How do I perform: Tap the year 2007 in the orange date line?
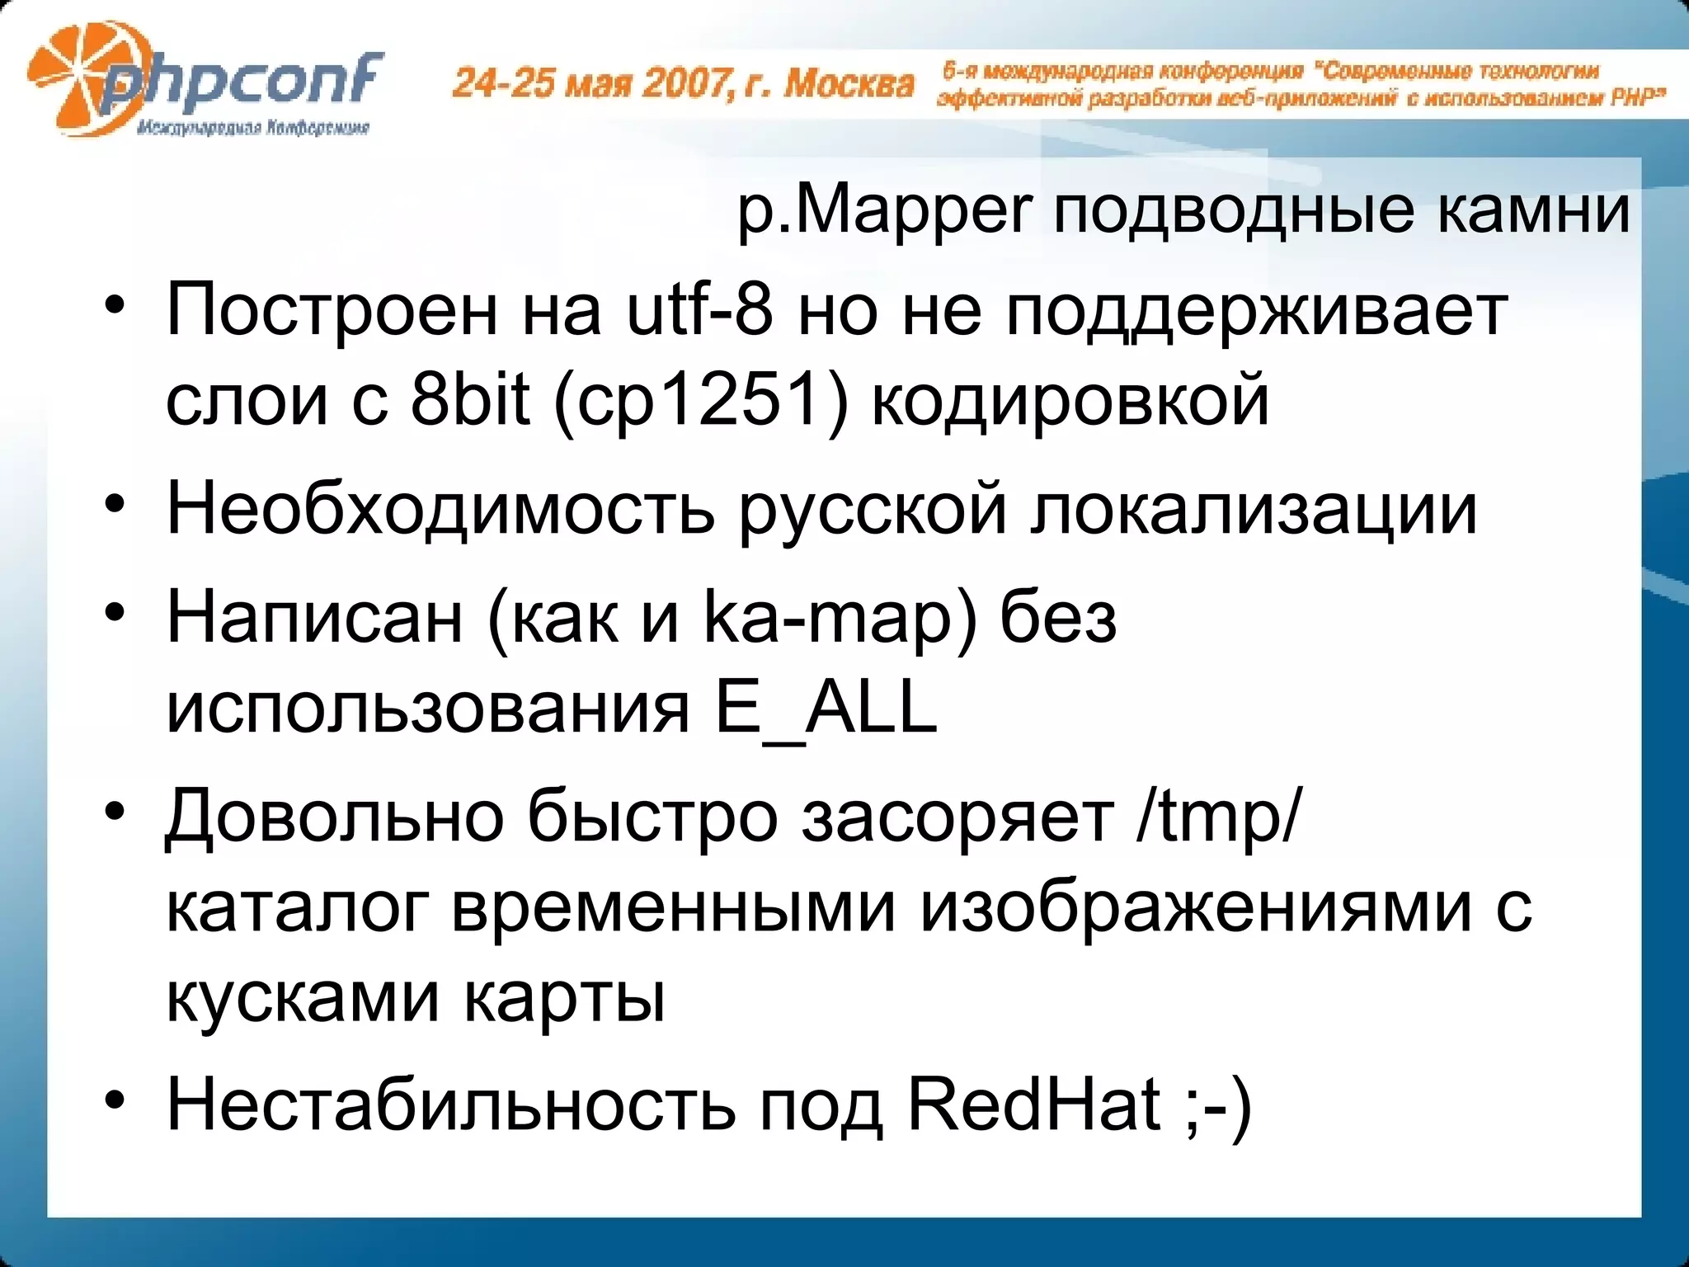[684, 83]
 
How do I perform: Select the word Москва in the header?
[849, 83]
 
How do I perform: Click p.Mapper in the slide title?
[883, 210]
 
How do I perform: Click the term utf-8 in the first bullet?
[700, 311]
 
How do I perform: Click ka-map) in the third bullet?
[840, 618]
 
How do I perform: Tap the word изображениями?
[1195, 907]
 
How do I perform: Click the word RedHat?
[1034, 1105]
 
